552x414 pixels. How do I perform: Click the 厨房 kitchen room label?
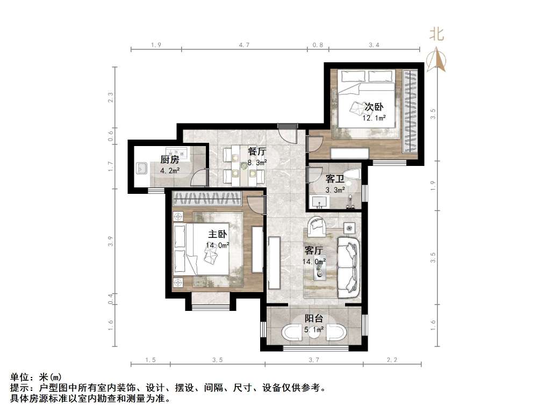click(x=169, y=159)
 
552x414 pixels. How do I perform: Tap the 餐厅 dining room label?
click(x=257, y=151)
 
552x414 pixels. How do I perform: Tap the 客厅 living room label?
click(x=313, y=250)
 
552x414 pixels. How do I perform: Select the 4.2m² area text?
click(x=170, y=171)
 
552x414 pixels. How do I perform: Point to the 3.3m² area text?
click(x=335, y=190)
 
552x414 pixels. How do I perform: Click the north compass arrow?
click(x=437, y=60)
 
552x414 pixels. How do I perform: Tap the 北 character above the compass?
click(x=436, y=35)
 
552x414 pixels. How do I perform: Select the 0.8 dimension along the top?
click(x=318, y=46)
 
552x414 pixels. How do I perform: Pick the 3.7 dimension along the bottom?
click(x=314, y=359)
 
